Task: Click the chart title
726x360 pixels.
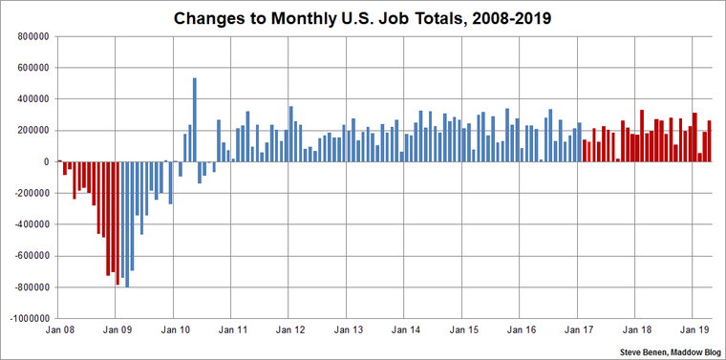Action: pos(363,17)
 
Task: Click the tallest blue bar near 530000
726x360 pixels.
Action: pos(195,120)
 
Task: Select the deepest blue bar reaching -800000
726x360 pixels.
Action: pos(127,224)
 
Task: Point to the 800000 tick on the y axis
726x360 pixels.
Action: pos(36,36)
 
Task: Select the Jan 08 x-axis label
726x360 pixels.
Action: pos(58,330)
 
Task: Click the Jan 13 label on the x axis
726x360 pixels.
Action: pos(347,330)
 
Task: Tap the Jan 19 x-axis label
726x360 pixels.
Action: pos(693,330)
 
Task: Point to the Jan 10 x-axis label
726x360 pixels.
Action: pos(173,330)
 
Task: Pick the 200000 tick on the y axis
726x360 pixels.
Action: pos(36,131)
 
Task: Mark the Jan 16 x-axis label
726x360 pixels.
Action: pos(520,330)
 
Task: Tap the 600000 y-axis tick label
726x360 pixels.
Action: pos(36,68)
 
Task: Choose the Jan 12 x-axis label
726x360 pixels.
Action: pos(288,330)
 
